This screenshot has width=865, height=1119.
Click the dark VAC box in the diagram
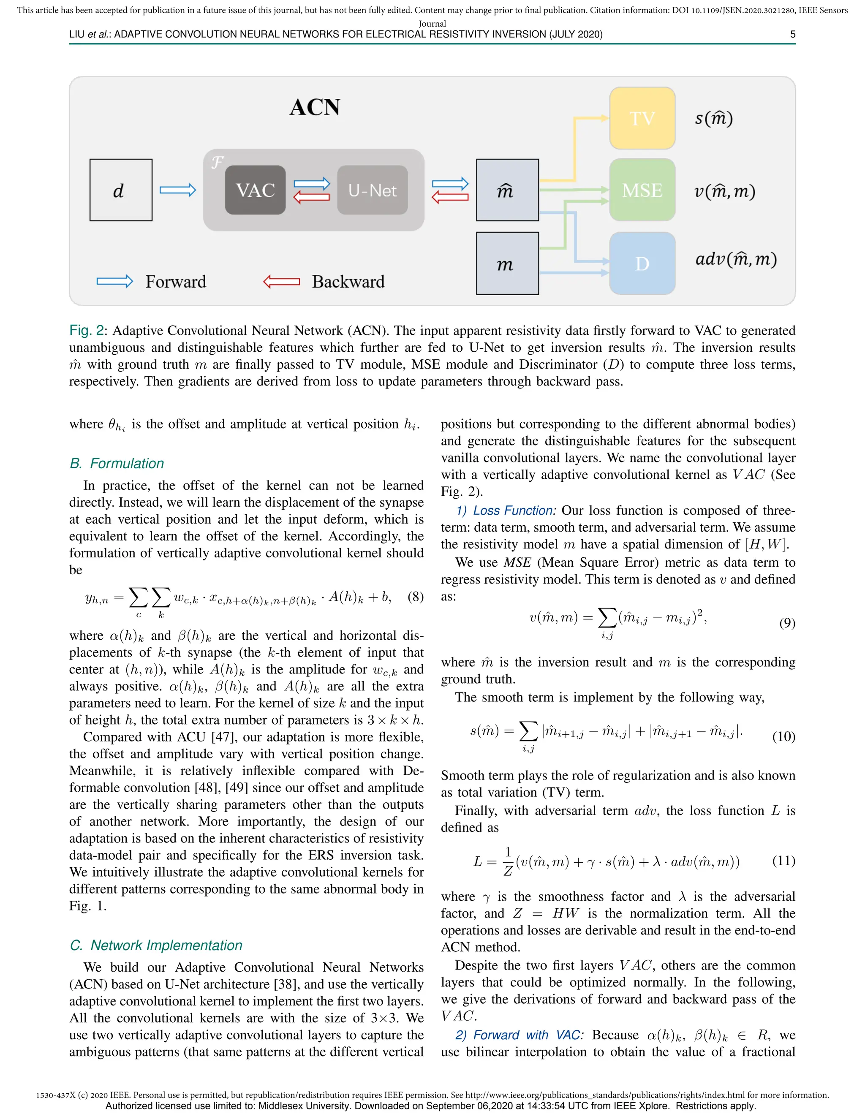click(255, 190)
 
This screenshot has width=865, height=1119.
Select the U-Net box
click(372, 190)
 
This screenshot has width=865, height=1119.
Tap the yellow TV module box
click(642, 118)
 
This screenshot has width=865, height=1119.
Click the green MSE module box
click(642, 190)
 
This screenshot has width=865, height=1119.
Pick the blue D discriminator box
click(642, 263)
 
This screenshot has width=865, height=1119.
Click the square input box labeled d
click(121, 190)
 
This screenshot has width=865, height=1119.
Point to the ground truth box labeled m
click(507, 263)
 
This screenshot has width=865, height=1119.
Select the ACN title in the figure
click(314, 108)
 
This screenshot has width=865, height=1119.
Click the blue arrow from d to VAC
click(177, 190)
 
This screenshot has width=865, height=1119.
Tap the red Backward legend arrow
click(281, 281)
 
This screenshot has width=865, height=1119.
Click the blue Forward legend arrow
click(115, 281)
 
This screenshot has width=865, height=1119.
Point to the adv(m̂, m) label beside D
click(735, 259)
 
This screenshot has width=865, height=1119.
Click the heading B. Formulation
click(117, 463)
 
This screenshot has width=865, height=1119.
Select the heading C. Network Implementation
click(156, 945)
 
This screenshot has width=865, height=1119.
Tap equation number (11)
click(783, 860)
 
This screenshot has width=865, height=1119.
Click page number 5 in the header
click(792, 34)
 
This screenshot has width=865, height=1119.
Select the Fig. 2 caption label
click(87, 331)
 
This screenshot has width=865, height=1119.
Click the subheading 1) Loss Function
click(505, 511)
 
